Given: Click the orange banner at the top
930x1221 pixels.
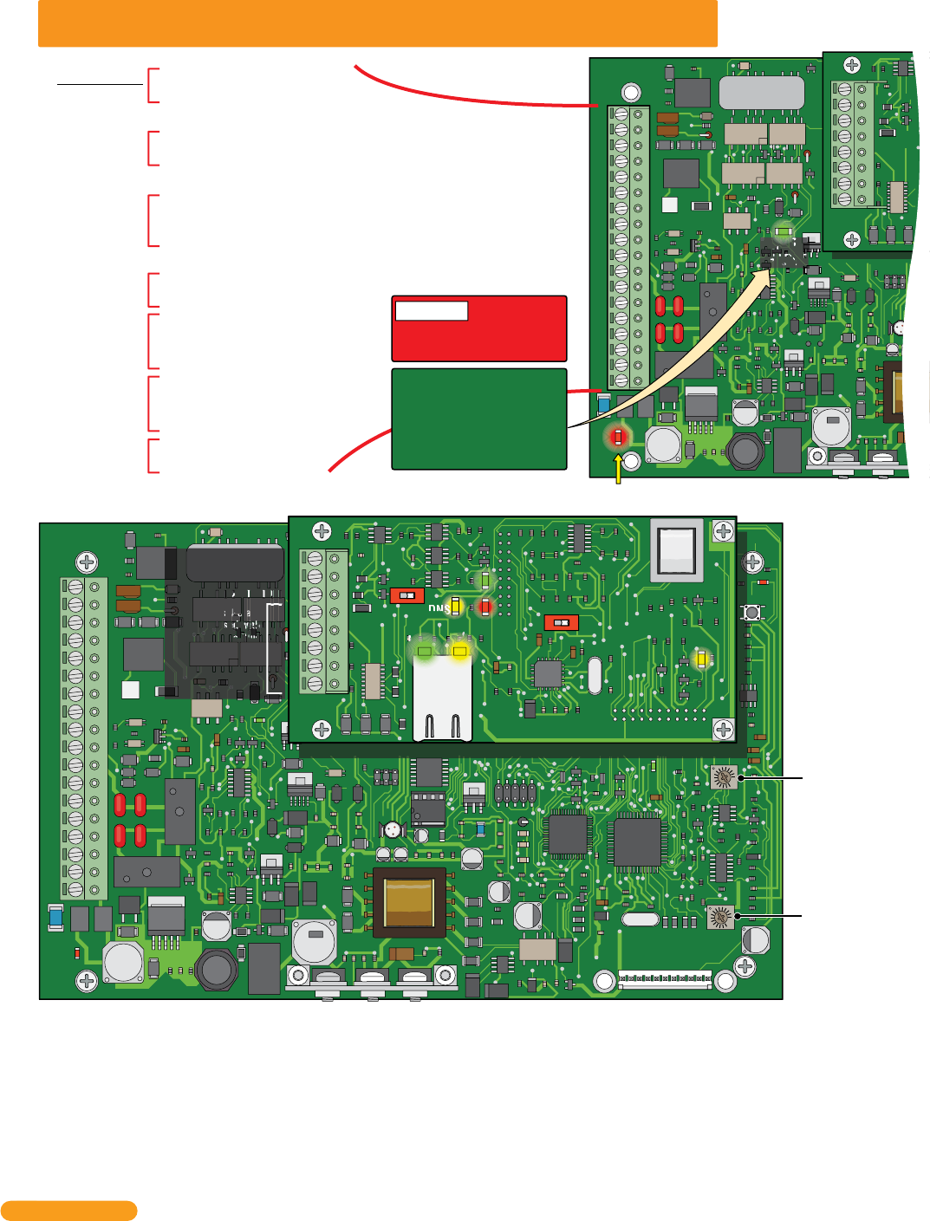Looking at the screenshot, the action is tap(377, 23).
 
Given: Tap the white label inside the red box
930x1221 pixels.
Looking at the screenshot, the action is tap(431, 310).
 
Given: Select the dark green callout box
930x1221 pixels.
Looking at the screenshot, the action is tap(479, 419).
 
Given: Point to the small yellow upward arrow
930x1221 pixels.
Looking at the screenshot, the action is tap(618, 469).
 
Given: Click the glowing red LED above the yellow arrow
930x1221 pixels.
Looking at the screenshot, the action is tap(617, 438).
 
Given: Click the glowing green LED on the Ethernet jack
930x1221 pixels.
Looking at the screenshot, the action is tap(424, 651).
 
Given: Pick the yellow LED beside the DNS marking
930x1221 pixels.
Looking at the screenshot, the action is tap(455, 606).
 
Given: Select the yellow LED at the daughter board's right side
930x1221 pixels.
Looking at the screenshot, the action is tap(702, 659).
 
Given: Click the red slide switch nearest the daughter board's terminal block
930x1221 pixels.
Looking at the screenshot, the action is tap(406, 595).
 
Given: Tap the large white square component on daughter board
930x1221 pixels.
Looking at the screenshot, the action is tap(677, 550).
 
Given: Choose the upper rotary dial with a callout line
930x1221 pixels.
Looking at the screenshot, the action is tap(723, 777).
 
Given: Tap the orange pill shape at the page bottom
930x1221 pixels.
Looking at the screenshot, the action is tap(68, 1211).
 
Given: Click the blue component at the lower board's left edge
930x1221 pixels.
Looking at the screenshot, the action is tap(55, 916).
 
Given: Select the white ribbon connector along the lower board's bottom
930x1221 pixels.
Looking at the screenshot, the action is tap(664, 979).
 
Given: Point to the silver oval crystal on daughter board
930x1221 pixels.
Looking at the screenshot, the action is tap(594, 676).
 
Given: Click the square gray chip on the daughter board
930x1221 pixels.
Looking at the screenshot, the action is tap(547, 672).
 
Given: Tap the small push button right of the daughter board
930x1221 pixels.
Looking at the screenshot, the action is tap(751, 613).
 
